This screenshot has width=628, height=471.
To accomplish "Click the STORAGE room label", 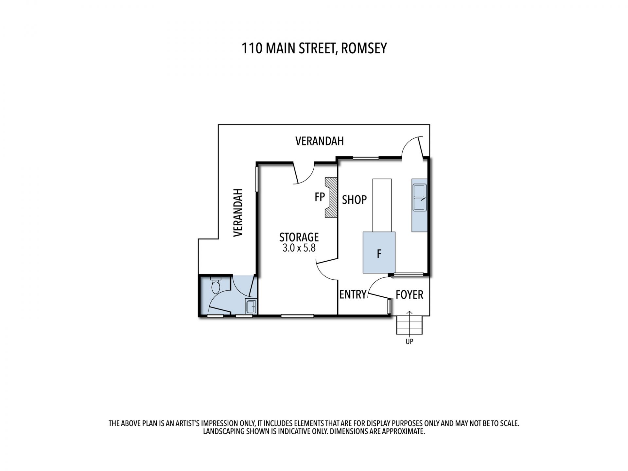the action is click(299, 237).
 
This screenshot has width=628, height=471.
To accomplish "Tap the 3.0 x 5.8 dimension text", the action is click(299, 248).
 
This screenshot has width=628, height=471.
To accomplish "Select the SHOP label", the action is click(354, 200).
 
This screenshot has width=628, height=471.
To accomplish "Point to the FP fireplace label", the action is click(320, 197).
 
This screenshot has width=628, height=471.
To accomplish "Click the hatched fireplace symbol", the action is click(331, 198).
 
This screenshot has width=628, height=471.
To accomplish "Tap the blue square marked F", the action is click(379, 252).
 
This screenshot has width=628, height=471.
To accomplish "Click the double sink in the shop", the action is click(420, 198).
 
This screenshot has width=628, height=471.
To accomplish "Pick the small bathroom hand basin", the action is click(251, 306).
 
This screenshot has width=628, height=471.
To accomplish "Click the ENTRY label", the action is click(353, 294).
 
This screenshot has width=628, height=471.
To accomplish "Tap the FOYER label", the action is click(410, 295).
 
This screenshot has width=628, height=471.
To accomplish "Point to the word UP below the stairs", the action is click(410, 341).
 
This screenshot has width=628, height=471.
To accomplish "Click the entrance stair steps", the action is click(410, 325).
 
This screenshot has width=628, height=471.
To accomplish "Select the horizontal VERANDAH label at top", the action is click(320, 141).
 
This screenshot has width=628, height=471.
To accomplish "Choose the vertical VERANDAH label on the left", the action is click(238, 212).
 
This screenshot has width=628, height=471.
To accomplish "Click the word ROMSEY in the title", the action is click(364, 48).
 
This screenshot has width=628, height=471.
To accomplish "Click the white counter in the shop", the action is click(382, 205).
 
